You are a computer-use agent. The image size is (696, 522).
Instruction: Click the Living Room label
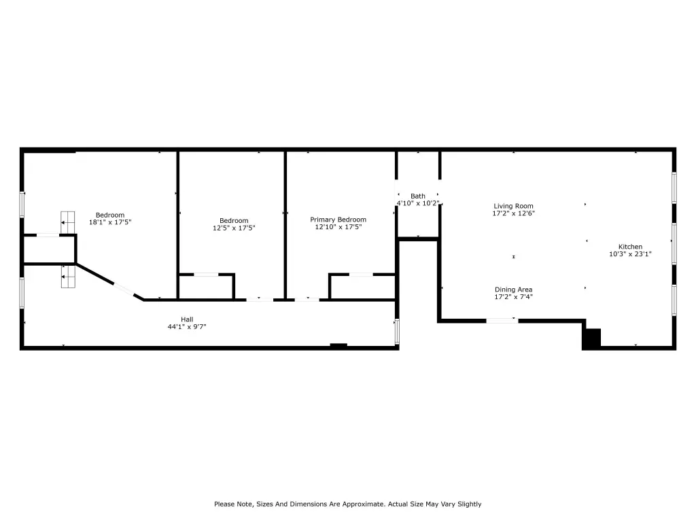point(513,206)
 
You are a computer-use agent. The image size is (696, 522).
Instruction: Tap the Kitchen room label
point(630,247)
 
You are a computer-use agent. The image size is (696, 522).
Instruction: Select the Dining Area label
point(514,290)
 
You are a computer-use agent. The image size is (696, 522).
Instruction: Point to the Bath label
point(418,196)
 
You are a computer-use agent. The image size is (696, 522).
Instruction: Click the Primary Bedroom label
point(338,220)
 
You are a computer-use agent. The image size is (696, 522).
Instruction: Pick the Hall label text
point(187,319)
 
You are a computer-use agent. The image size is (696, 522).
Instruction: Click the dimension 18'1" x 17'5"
point(110,222)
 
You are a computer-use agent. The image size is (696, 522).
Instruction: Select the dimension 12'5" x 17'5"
point(234,228)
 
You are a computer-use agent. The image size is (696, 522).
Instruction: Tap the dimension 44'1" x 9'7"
point(187,327)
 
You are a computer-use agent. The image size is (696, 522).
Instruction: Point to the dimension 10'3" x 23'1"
point(630,254)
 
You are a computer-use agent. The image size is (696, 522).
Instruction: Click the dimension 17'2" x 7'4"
point(514,296)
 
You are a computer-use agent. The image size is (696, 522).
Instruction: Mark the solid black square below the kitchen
point(592,338)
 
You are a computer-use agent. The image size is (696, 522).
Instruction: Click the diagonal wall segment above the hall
point(109,282)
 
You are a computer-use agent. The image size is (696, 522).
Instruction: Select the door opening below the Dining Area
point(502,321)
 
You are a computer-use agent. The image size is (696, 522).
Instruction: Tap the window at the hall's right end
point(397,331)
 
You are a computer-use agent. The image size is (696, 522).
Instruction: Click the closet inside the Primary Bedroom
point(363,287)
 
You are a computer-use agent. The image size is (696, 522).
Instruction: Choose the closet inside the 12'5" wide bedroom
point(207,287)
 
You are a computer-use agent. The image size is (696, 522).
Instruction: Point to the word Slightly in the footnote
point(470,504)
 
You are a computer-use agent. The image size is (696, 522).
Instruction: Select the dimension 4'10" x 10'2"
point(418,203)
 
